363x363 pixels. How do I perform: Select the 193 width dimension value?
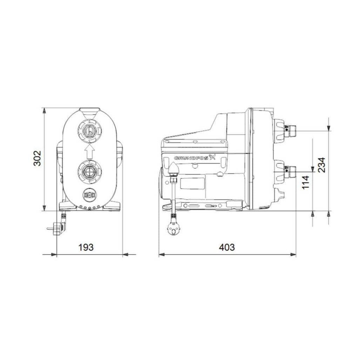point(86,247)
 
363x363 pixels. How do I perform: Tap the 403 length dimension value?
point(227,247)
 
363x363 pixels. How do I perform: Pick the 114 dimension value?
point(305,183)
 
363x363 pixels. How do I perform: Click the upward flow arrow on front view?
point(90,152)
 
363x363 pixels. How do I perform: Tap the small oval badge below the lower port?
point(90,194)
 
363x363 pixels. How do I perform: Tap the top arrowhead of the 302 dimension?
point(44,110)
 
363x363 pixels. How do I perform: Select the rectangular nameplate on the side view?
point(193,183)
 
